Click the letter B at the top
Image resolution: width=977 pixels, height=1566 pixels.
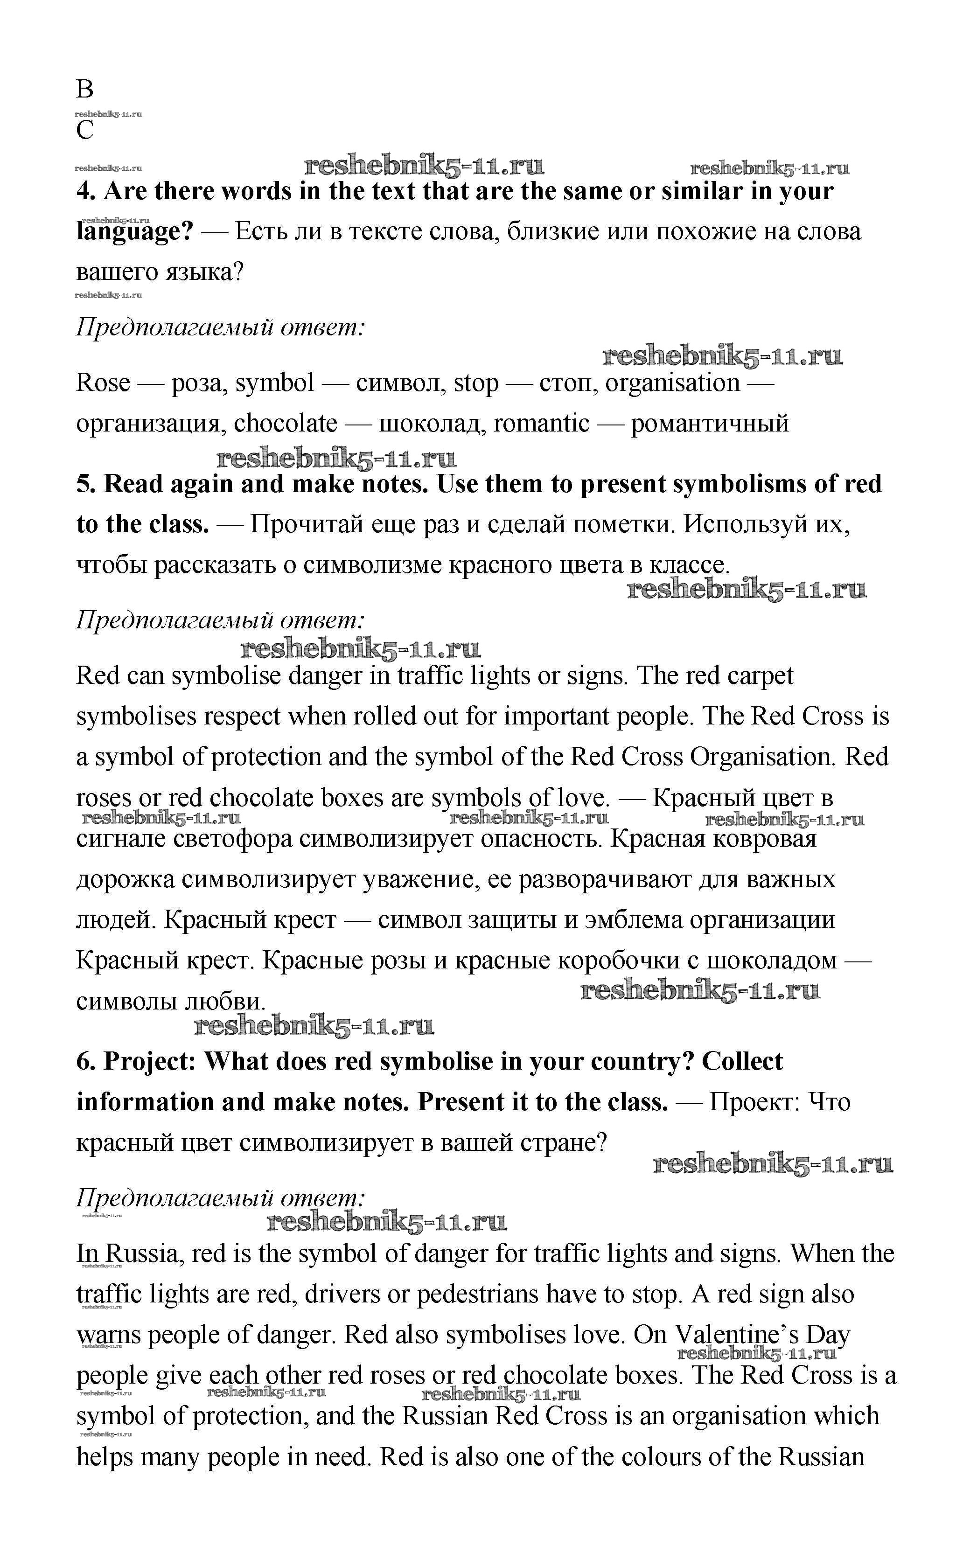click(84, 89)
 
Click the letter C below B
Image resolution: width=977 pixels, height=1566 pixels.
click(84, 131)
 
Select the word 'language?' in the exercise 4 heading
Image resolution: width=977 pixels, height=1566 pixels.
click(134, 231)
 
